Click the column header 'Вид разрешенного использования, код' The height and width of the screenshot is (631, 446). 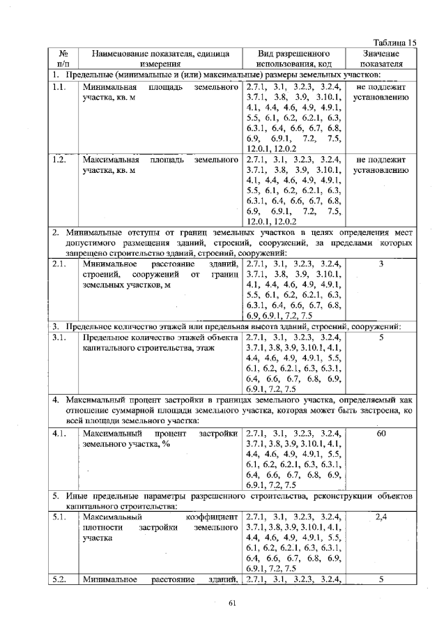293,58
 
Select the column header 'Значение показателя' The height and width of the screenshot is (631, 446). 380,58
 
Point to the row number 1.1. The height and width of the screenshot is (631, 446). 59,87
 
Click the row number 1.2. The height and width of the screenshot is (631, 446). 59,160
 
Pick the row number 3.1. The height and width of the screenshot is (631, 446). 59,337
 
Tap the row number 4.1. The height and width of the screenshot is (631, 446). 59,433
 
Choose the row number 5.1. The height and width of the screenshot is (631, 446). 59,517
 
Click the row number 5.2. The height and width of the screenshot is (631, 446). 59,579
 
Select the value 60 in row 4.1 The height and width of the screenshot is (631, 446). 380,433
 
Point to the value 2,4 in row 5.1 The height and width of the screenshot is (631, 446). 380,517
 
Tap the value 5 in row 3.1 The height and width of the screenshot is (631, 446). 380,337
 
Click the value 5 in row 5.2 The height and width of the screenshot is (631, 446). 380,579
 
